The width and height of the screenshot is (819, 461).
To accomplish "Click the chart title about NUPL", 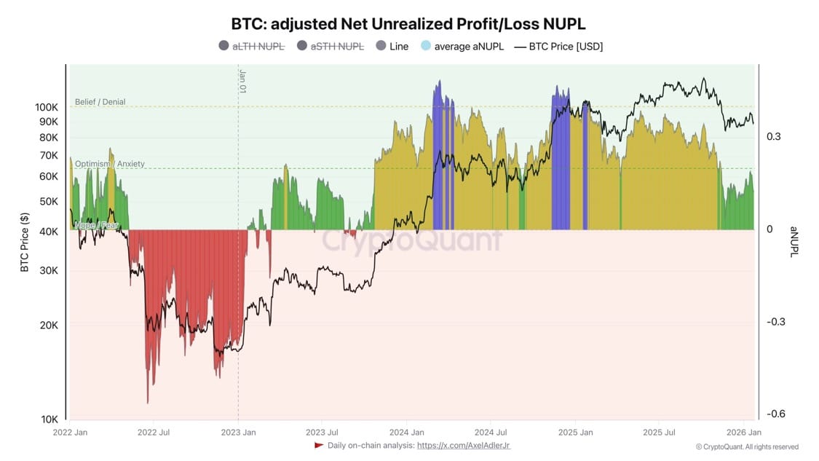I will click(408, 23).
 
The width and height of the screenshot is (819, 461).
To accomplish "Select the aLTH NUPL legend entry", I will click(251, 46).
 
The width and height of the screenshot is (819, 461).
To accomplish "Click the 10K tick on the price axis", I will click(49, 419).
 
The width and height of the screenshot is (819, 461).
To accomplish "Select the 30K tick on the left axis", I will click(49, 270).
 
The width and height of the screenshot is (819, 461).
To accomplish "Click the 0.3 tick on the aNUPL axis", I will click(773, 136).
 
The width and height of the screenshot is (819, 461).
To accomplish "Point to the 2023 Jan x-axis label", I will click(239, 433).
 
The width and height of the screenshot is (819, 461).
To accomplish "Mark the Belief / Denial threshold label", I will click(100, 102).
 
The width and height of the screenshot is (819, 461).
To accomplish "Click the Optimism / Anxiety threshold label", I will click(109, 164).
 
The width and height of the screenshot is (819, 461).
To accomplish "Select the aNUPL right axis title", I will click(795, 243).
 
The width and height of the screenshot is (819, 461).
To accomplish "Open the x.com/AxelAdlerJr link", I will click(463, 445).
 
